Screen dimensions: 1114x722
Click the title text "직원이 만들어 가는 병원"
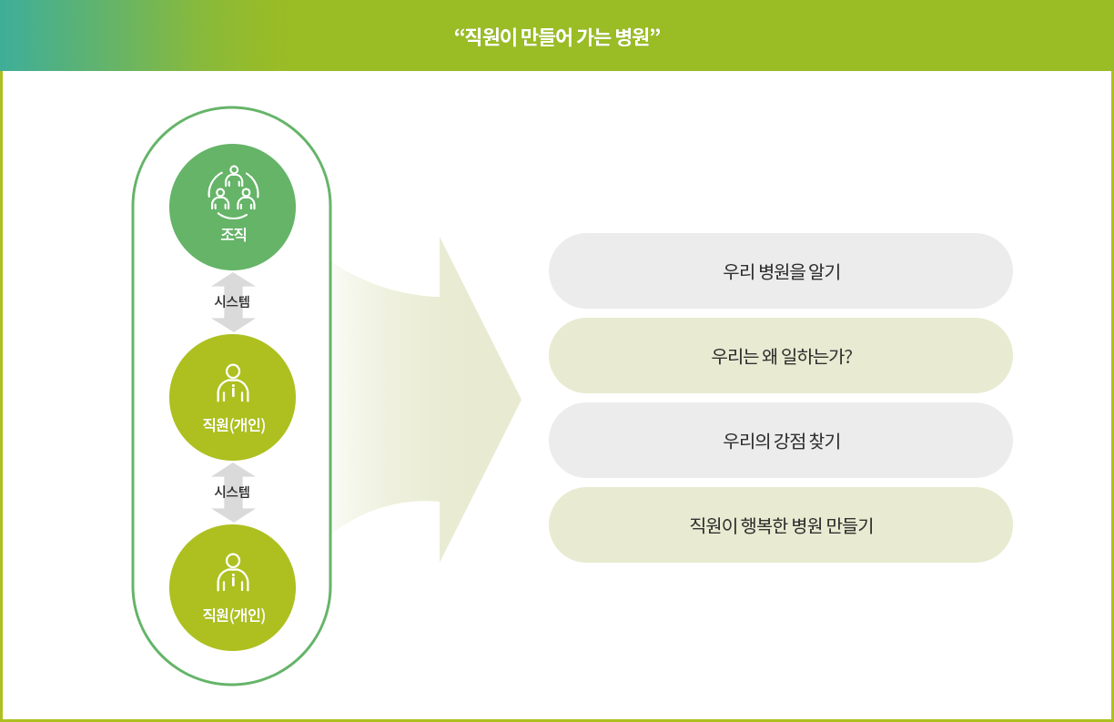point(557,37)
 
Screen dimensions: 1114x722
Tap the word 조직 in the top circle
point(233,234)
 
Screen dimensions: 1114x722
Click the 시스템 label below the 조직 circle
point(232,301)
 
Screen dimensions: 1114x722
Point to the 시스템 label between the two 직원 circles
point(232,493)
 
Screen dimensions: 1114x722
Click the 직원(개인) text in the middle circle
point(233,425)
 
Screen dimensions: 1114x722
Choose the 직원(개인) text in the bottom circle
point(233,615)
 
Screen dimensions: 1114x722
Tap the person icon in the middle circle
point(233,383)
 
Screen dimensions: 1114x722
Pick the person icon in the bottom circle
point(233,573)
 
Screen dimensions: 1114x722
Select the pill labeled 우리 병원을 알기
point(781,271)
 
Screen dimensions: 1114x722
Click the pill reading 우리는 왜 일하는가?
point(781,356)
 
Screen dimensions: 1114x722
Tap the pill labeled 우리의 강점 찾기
point(781,441)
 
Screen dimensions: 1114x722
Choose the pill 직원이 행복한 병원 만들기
point(781,525)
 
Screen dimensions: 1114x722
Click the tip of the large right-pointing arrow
point(521,400)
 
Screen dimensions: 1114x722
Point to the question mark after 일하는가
point(848,356)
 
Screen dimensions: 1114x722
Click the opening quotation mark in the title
point(459,33)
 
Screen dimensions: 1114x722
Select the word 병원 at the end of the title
point(633,37)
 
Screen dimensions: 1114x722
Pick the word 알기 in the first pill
point(825,271)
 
